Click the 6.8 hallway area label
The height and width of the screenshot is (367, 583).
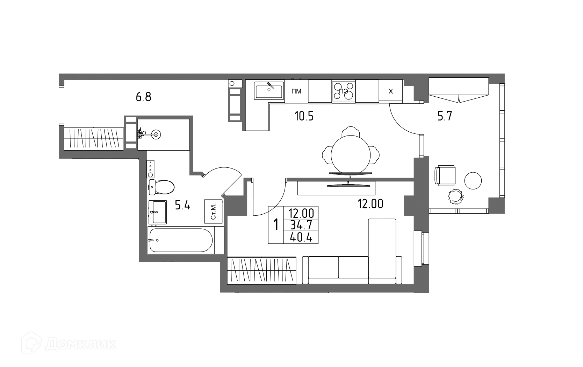143,97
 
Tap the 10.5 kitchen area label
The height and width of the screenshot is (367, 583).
304,116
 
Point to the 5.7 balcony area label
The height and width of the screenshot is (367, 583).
445,116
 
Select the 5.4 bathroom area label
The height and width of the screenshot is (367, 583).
182,205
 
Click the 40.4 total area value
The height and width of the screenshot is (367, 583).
301,238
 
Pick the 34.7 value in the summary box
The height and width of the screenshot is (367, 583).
301,225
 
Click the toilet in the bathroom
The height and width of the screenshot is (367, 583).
161,187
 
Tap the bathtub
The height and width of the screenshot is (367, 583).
181,240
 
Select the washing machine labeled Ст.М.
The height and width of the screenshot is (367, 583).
214,212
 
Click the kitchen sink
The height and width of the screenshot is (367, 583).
269,90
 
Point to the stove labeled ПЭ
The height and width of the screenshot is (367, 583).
344,91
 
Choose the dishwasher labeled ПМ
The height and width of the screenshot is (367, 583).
296,91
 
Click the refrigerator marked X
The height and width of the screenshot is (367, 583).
391,91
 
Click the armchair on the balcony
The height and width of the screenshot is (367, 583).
445,175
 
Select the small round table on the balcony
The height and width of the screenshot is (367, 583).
473,180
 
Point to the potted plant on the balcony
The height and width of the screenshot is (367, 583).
456,196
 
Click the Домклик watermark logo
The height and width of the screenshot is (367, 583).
69,344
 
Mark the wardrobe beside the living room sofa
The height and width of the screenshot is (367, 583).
261,270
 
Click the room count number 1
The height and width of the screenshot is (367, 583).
276,225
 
